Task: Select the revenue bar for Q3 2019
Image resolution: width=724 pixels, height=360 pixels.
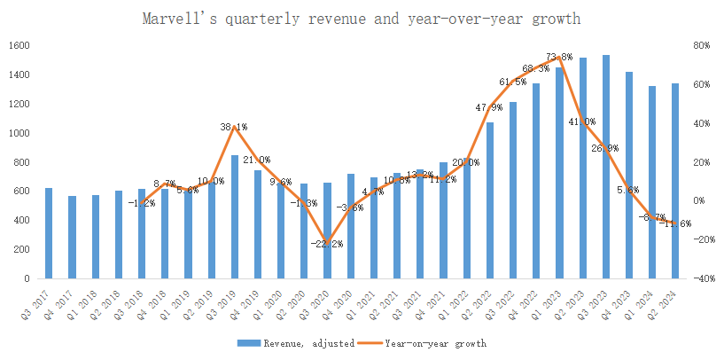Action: (x=234, y=217)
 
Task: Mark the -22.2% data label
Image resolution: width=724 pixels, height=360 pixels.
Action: (x=327, y=243)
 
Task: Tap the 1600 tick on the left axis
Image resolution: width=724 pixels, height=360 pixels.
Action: (x=20, y=46)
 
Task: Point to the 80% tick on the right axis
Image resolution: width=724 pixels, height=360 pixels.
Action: (x=700, y=46)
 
